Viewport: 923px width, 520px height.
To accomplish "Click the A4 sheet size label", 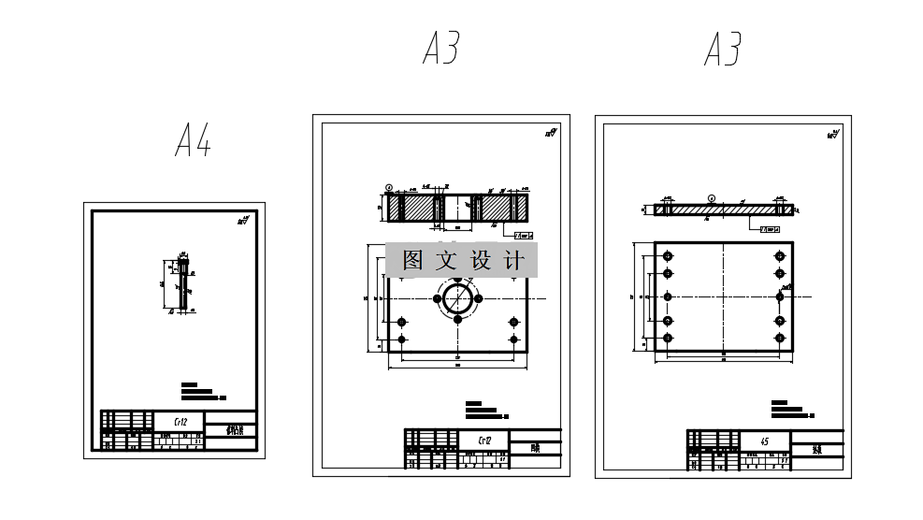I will point(193,141).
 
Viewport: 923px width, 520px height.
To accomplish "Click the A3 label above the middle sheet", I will point(441,48).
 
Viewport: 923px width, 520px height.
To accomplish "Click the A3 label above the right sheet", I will point(723,49).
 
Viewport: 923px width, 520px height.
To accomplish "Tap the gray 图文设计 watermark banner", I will point(461,260).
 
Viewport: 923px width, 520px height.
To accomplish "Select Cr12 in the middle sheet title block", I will point(484,440).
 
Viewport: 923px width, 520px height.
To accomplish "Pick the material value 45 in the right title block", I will point(765,440).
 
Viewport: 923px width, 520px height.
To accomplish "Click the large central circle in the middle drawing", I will point(457,299).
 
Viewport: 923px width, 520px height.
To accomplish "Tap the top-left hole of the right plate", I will point(668,255).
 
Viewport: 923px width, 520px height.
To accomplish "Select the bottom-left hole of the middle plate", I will point(402,339).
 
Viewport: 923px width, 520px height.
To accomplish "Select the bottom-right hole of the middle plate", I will point(512,339).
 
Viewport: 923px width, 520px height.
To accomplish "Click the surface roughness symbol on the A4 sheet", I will point(243,221).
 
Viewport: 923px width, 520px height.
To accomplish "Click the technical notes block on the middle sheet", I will point(484,410).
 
